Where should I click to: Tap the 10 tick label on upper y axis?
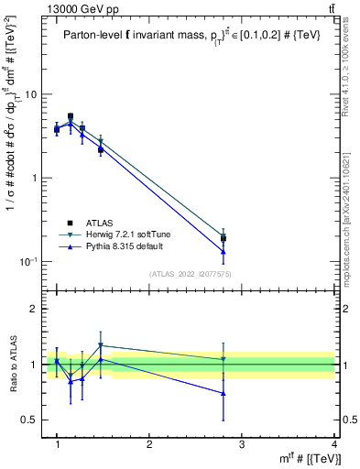(29, 94)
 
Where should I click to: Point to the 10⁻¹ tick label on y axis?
(27, 262)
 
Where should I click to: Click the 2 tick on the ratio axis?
(33, 309)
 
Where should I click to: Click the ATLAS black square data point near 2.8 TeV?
(249, 238)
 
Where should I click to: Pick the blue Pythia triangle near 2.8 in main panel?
(249, 251)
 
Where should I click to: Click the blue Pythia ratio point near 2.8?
(249, 393)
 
